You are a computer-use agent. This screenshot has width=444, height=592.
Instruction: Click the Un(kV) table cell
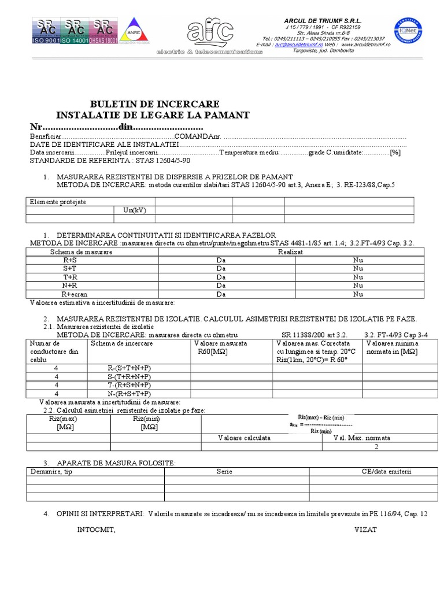135,210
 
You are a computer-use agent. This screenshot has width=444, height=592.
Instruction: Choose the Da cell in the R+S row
220,260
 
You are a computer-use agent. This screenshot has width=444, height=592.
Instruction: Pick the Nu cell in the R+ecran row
358,294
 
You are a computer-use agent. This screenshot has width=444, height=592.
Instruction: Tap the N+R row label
70,286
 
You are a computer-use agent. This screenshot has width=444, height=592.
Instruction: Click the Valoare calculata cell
244,438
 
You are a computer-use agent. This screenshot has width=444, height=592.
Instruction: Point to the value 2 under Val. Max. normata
376,446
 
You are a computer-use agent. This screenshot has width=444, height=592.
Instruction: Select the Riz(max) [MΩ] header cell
60,423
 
